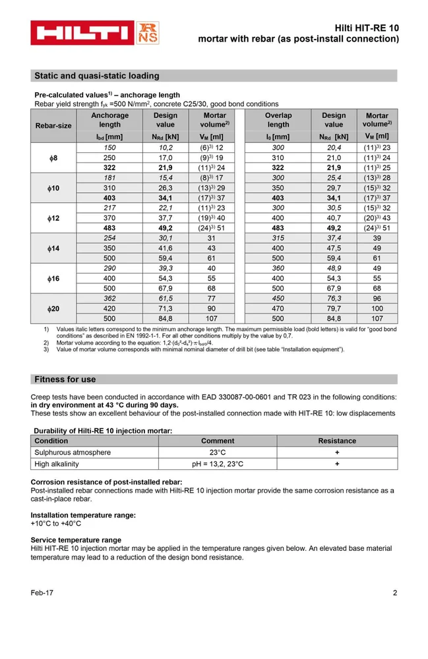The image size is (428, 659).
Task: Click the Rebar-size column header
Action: (53, 125)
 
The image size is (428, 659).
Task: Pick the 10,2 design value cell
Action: (165, 148)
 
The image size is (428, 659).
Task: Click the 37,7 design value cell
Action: (165, 218)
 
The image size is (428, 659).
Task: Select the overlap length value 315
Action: (278, 239)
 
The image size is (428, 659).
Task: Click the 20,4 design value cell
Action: (334, 148)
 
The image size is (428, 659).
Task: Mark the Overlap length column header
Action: (278, 120)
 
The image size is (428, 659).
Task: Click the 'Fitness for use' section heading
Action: (65, 380)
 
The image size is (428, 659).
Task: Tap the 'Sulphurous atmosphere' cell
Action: (73, 453)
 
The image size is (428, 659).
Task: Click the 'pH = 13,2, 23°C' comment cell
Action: (218, 464)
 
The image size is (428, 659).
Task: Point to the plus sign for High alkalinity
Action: (337, 464)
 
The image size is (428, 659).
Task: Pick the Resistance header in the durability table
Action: (337, 441)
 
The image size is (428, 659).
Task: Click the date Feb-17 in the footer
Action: (42, 593)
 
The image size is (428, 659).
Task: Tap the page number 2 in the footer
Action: (395, 593)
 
